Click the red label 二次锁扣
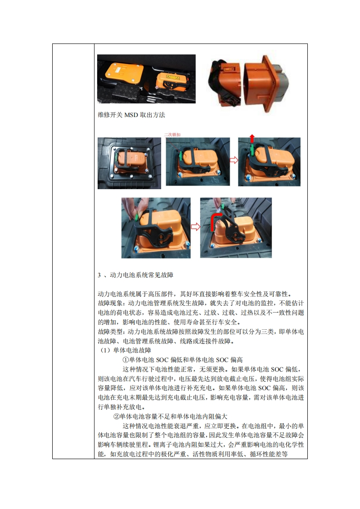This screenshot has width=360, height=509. point(172,135)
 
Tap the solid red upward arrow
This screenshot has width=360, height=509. point(252,139)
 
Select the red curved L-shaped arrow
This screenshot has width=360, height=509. point(216,221)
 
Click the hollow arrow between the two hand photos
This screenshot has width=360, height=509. point(195,226)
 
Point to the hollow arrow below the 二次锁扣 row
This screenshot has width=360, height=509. point(234,160)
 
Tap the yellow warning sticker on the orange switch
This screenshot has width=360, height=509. point(173,77)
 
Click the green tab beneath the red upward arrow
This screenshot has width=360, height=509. point(252,149)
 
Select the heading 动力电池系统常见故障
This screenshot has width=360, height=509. point(141,275)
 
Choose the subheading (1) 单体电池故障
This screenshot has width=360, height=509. point(125,350)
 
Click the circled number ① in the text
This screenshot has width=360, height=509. point(126,360)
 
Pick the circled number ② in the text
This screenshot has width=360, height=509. point(116,416)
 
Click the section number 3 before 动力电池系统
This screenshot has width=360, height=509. point(99,275)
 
